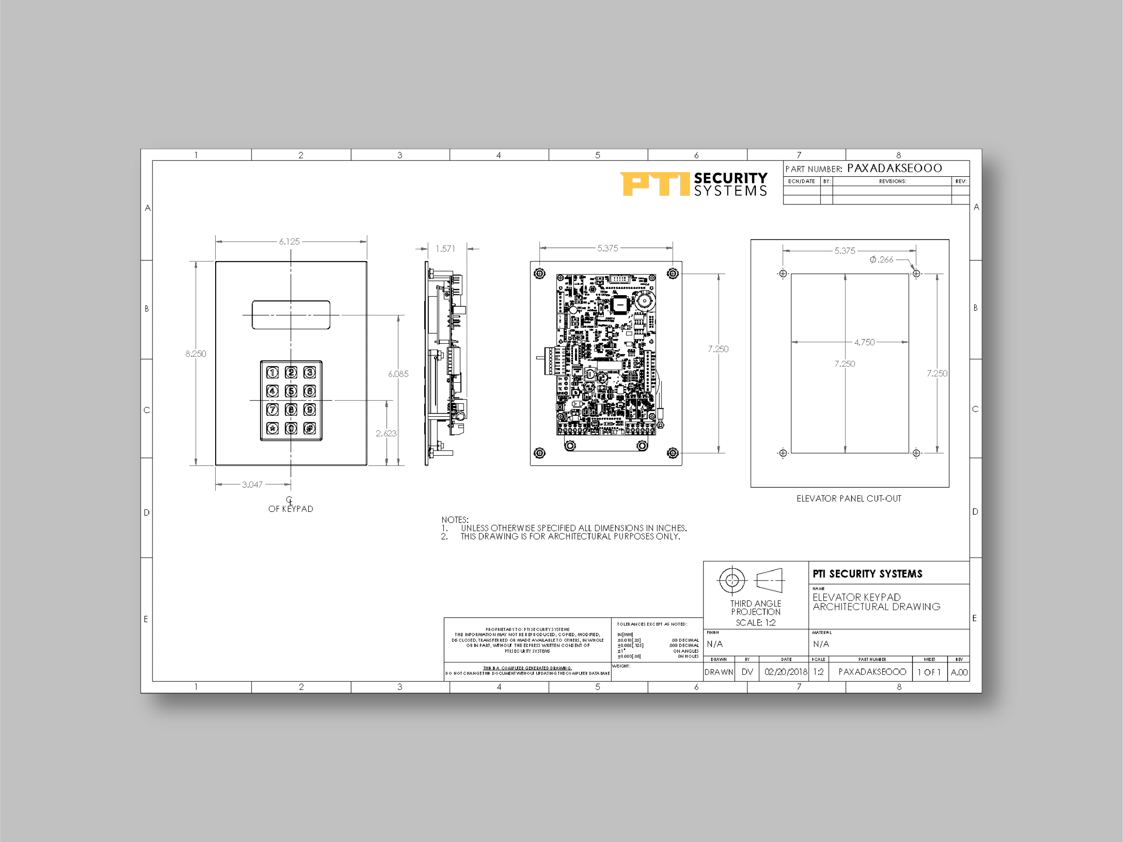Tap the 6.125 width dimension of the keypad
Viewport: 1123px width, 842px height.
pos(290,242)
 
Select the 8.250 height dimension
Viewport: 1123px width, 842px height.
pos(196,354)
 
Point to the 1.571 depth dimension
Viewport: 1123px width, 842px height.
pos(445,249)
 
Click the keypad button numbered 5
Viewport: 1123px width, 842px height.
pos(291,391)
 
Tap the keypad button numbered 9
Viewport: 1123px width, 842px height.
pos(310,410)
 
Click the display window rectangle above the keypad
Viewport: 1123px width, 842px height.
pos(291,315)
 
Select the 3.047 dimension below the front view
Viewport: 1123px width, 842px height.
pos(252,485)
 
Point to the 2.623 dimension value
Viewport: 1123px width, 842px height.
pos(386,433)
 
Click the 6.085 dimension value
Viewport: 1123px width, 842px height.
pos(398,374)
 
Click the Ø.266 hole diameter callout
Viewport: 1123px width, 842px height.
pos(881,260)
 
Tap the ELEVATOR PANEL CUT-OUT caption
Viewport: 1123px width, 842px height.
pos(849,499)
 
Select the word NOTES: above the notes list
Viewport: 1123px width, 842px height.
pos(455,520)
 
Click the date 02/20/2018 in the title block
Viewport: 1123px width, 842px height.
pos(785,672)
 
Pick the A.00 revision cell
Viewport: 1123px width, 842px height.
pos(959,672)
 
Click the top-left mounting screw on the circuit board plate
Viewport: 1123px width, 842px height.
pos(540,274)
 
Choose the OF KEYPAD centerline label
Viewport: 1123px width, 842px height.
pos(290,509)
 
